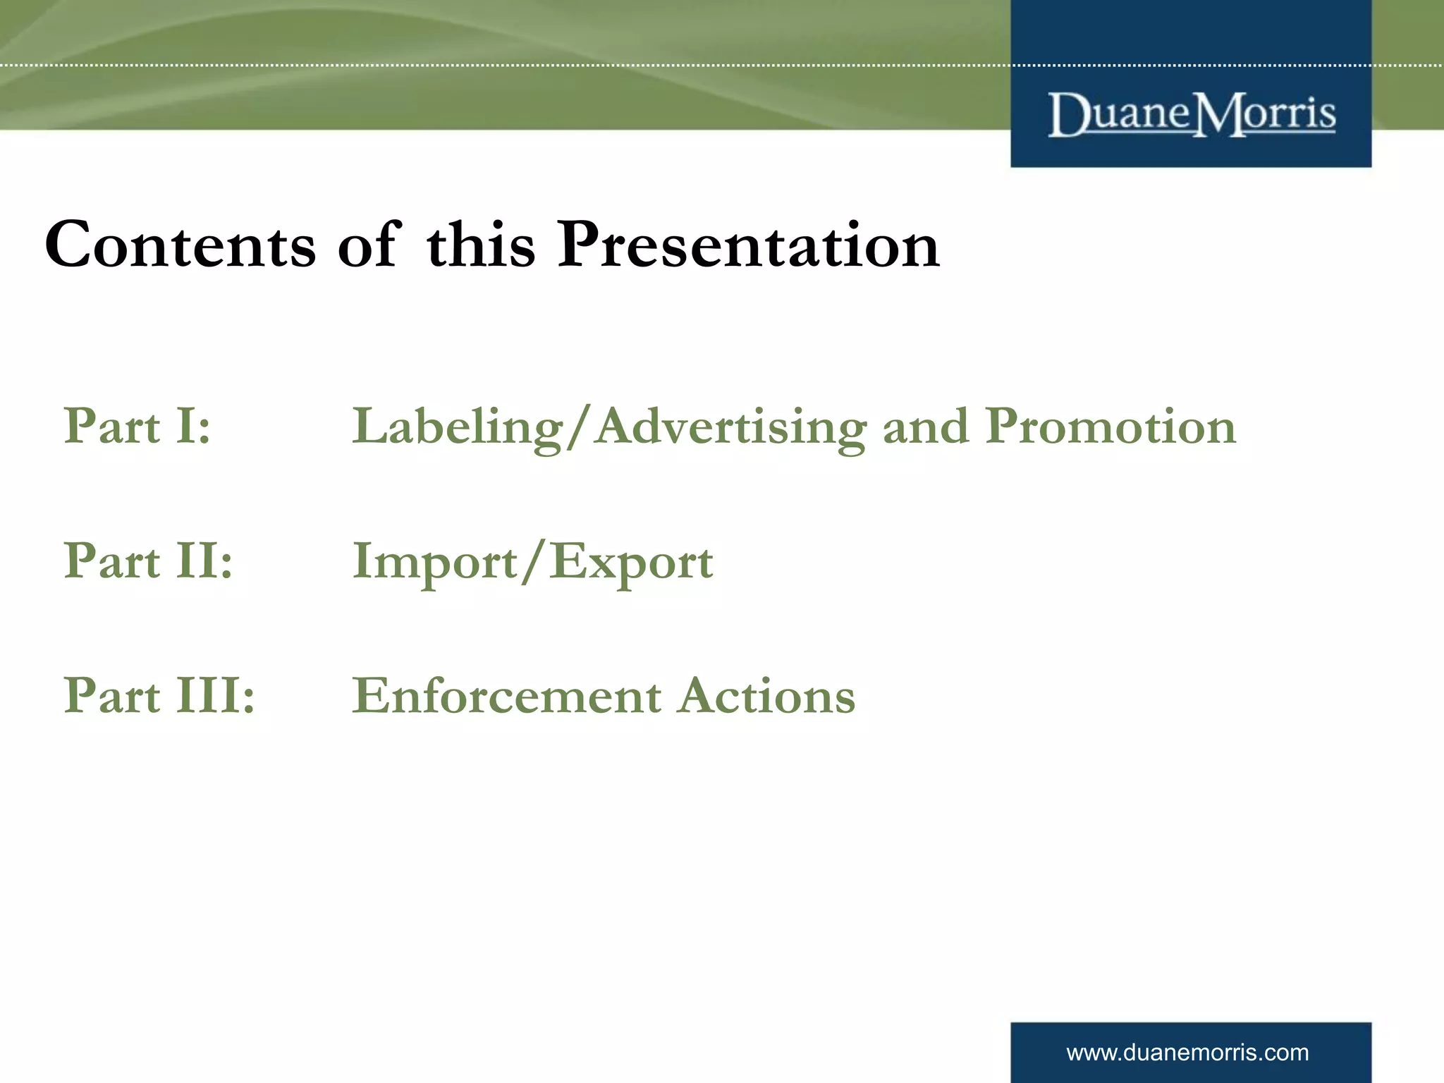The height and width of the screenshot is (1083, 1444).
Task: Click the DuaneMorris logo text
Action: [x=1192, y=114]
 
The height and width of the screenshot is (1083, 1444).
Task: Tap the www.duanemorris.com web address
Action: [x=1187, y=1053]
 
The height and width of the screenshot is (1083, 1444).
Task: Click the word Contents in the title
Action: [x=180, y=245]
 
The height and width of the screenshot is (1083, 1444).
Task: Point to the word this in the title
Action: [x=481, y=245]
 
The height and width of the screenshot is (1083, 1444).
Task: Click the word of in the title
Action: [x=369, y=245]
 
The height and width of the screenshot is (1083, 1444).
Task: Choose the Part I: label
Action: [x=137, y=426]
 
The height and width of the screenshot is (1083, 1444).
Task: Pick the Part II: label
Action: [x=148, y=561]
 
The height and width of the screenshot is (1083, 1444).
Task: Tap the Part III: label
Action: [x=159, y=695]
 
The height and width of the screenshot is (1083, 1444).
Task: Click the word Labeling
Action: [x=457, y=427]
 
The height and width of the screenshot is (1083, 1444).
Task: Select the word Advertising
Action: [x=730, y=427]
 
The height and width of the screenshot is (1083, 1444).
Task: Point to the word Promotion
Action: [x=1110, y=427]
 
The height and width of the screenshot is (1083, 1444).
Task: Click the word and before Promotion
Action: [x=926, y=427]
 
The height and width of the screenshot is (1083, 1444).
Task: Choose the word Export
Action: [x=632, y=563]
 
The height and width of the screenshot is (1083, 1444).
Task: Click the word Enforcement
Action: [x=506, y=696]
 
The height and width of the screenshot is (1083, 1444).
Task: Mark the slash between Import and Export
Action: [x=534, y=561]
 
